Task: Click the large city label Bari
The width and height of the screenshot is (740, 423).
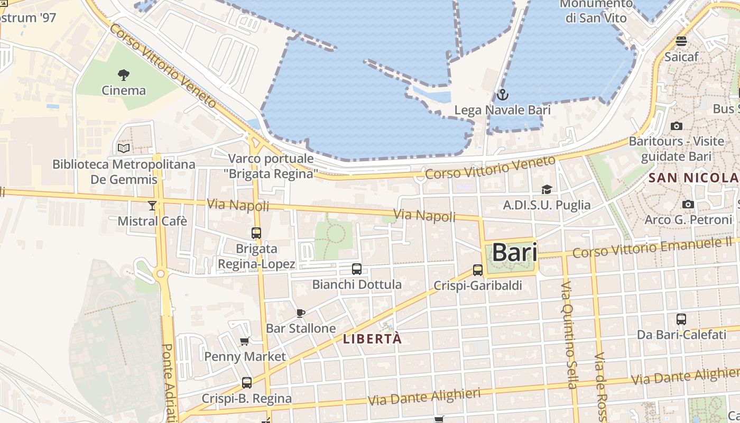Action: (514, 253)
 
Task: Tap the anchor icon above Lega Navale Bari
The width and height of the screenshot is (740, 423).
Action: (502, 95)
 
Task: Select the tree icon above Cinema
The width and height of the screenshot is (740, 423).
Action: (124, 75)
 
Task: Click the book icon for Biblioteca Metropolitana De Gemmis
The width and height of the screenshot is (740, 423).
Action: (124, 148)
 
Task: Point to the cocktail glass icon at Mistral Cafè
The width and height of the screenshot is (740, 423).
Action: (152, 205)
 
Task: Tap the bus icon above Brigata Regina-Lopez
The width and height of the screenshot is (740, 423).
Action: (256, 233)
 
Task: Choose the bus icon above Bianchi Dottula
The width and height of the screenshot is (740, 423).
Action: (357, 269)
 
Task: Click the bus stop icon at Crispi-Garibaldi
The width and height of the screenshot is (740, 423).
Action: (478, 270)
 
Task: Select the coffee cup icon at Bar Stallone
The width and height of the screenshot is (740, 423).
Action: (301, 313)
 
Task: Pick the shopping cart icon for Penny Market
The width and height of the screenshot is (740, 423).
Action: (245, 341)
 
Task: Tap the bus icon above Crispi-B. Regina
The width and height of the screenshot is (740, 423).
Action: (247, 382)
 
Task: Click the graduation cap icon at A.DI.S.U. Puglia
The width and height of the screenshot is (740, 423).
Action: (547, 189)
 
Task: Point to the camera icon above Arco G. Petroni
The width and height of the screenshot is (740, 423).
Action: (688, 204)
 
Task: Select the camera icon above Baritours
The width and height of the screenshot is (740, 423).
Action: (676, 126)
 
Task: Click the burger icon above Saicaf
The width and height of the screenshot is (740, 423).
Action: (681, 41)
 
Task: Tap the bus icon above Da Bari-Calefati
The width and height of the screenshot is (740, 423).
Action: (681, 319)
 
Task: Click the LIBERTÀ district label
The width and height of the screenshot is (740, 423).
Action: (373, 339)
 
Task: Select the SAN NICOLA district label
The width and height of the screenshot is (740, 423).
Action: (693, 178)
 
